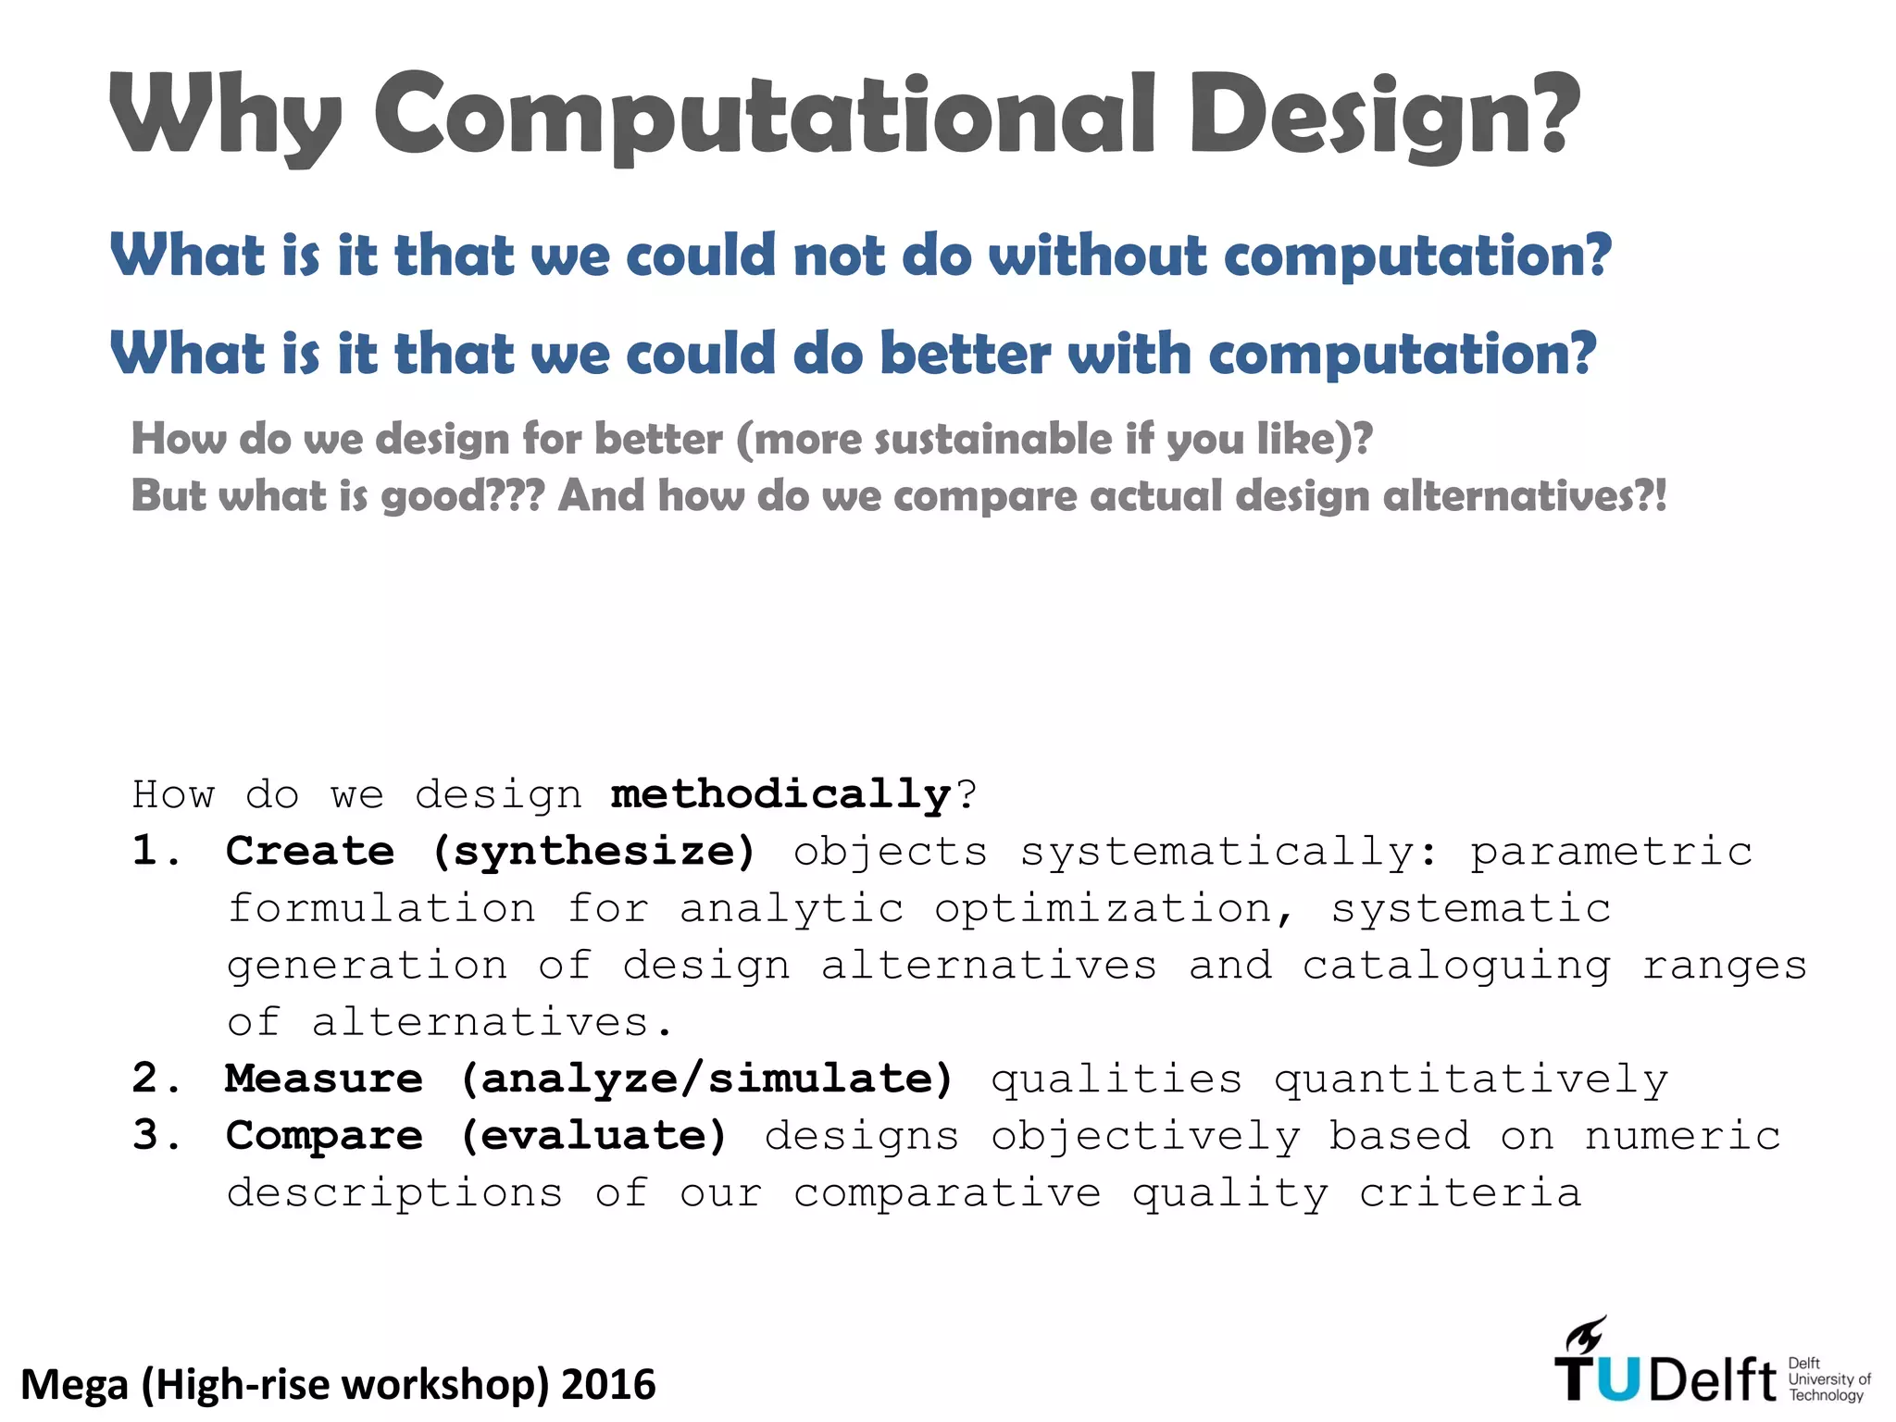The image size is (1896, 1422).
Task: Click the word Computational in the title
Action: pos(765,115)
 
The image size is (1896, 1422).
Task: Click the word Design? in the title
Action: pos(1385,117)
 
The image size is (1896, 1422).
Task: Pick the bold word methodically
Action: pos(780,794)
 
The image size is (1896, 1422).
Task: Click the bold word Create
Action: pos(310,851)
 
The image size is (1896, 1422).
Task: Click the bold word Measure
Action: pos(324,1079)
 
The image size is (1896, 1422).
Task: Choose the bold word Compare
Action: pos(324,1136)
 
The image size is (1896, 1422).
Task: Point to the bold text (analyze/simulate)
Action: pos(707,1079)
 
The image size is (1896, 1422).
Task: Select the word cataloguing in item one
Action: pos(1456,966)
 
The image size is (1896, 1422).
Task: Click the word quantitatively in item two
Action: pos(1471,1079)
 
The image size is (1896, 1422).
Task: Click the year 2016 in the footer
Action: pos(608,1385)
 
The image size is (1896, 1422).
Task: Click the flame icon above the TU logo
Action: pos(1585,1336)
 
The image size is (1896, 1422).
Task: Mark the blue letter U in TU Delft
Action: pos(1618,1380)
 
